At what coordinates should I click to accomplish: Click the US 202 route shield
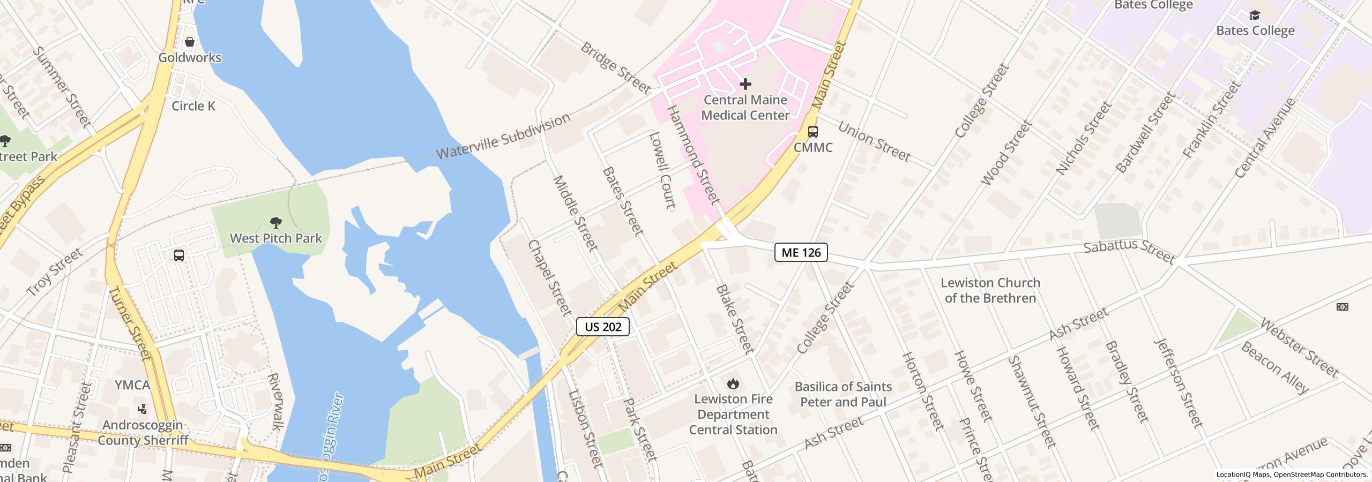pyautogui.click(x=602, y=327)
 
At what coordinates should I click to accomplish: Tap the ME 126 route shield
pyautogui.click(x=801, y=252)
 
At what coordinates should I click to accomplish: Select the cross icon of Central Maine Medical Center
pyautogui.click(x=745, y=84)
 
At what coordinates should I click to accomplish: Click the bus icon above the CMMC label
pyautogui.click(x=812, y=132)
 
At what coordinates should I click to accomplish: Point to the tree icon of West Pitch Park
pyautogui.click(x=276, y=222)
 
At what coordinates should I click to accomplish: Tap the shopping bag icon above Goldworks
pyautogui.click(x=189, y=42)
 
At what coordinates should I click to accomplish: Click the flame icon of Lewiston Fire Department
pyautogui.click(x=733, y=383)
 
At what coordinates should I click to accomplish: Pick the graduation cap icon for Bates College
pyautogui.click(x=1255, y=15)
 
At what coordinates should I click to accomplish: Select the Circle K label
pyautogui.click(x=193, y=106)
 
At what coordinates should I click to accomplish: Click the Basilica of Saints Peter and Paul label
pyautogui.click(x=843, y=394)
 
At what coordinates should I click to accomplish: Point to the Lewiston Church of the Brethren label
pyautogui.click(x=990, y=290)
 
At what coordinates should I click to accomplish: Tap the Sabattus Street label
pyautogui.click(x=1129, y=251)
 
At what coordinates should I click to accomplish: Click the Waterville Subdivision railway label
pyautogui.click(x=503, y=137)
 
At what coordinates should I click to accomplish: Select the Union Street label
pyautogui.click(x=874, y=142)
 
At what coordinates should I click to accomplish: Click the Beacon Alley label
pyautogui.click(x=1274, y=368)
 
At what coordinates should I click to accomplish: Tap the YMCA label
pyautogui.click(x=132, y=385)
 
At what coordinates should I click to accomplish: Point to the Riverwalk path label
pyautogui.click(x=274, y=402)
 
